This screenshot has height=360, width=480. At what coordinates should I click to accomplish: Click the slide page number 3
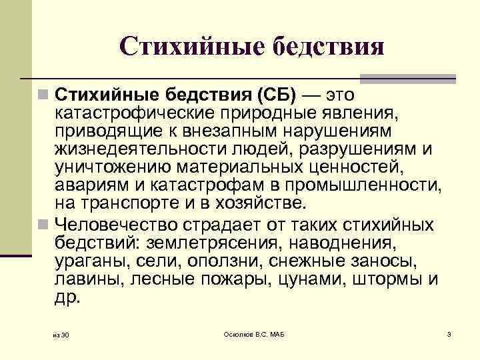pyautogui.click(x=449, y=333)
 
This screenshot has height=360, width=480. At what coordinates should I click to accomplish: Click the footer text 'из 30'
pyautogui.click(x=61, y=334)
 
